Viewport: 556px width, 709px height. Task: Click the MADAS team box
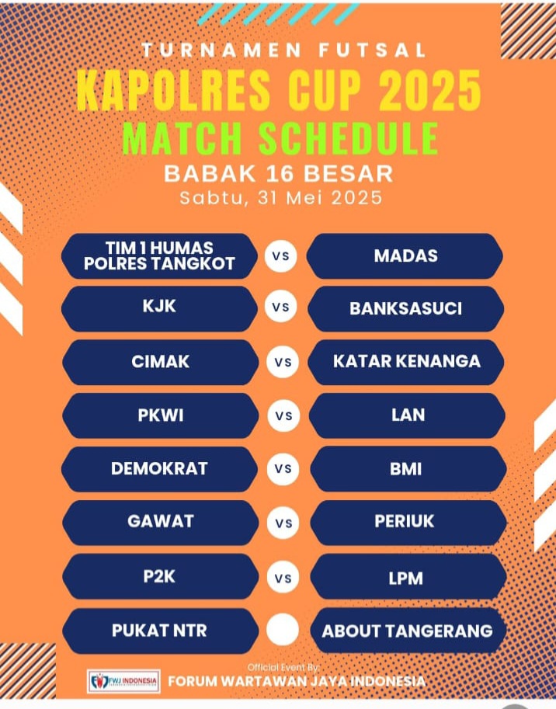point(405,256)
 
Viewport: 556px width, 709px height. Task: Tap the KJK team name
point(159,306)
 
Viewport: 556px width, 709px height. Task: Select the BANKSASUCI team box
point(406,309)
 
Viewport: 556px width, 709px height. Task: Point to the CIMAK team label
point(161,362)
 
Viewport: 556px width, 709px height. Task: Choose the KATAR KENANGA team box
point(406,362)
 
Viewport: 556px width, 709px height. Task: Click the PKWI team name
point(161,415)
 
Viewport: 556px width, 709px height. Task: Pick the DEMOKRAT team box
point(159,469)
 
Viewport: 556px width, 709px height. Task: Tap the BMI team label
point(406,469)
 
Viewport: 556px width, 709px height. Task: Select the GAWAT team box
point(161,523)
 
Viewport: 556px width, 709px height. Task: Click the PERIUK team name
point(404,521)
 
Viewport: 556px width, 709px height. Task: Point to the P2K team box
point(161,576)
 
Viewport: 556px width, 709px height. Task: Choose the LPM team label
point(406,579)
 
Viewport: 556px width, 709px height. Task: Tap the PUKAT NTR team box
point(161,631)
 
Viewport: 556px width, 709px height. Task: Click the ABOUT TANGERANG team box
point(408,631)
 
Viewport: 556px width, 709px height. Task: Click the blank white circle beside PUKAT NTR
point(283,630)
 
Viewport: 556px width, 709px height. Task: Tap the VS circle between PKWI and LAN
point(283,415)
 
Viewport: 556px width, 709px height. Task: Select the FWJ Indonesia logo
point(123,681)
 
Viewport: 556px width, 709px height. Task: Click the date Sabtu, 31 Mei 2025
point(280,197)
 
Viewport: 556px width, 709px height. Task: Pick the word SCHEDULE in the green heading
point(348,138)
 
